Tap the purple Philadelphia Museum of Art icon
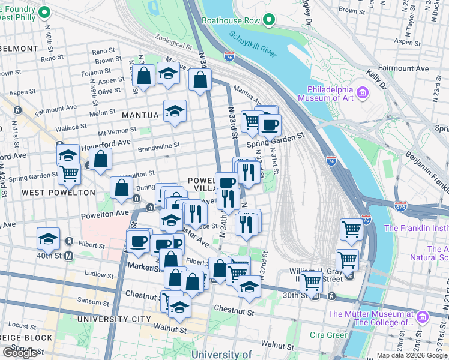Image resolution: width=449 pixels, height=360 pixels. (362, 92)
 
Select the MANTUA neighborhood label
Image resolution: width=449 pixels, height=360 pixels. (140, 115)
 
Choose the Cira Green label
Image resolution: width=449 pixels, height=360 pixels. (329, 335)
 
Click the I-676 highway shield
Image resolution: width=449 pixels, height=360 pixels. (401, 206)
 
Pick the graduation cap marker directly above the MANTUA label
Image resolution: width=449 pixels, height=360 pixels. (175, 111)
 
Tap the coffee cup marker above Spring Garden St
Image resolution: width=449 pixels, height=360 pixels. (270, 125)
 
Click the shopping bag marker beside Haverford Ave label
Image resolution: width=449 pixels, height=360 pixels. (101, 160)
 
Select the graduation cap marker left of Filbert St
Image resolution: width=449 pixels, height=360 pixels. (48, 239)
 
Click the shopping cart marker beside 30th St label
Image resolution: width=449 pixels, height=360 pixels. (311, 281)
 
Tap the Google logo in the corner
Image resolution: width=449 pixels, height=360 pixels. (20, 353)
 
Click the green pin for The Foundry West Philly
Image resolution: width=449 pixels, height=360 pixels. (44, 13)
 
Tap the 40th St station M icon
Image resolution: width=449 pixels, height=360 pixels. (68, 256)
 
